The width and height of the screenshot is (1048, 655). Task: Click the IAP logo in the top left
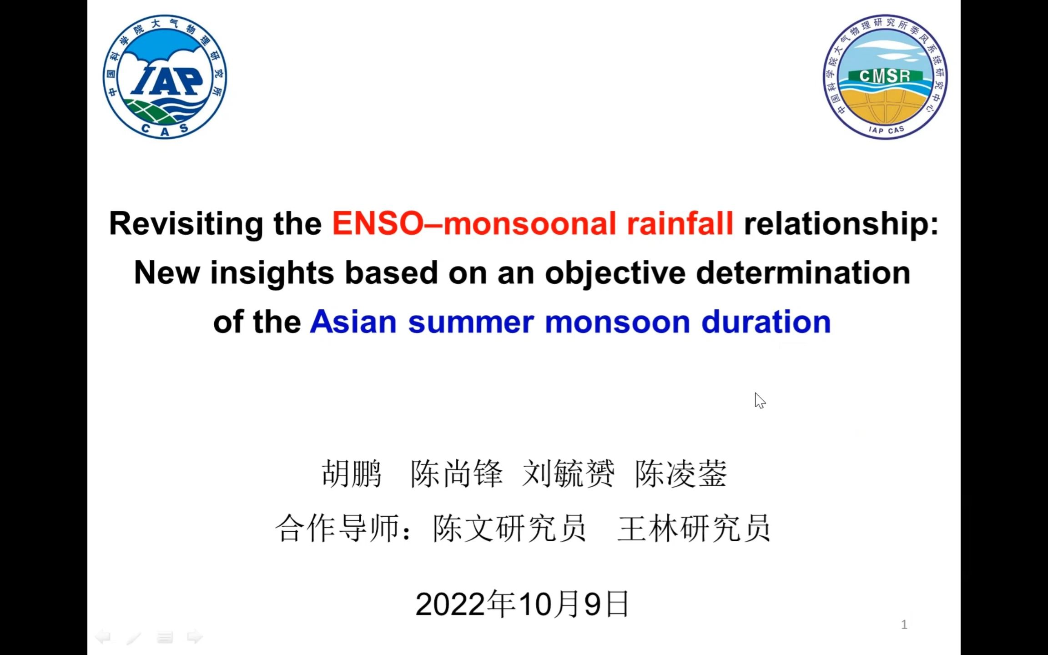pos(165,76)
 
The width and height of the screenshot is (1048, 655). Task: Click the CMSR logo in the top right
pos(885,76)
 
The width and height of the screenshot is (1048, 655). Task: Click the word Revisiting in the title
pos(186,224)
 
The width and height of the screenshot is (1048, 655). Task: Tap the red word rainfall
pos(680,224)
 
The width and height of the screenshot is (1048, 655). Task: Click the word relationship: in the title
pos(841,224)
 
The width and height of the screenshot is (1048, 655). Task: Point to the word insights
pos(272,273)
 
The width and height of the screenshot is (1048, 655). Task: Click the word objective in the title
pos(615,273)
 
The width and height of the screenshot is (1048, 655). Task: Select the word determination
pos(803,273)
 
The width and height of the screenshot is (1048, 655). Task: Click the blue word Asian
pos(353,322)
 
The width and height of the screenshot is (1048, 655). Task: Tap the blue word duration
pos(766,322)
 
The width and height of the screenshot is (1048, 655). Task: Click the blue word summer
pos(471,322)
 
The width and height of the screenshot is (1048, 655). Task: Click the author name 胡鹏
pos(351,474)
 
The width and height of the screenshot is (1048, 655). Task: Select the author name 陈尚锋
pos(456,474)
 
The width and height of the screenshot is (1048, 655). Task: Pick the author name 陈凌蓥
pos(681,474)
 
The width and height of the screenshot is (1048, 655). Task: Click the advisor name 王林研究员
pos(694,529)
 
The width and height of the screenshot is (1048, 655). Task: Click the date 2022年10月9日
pos(522,604)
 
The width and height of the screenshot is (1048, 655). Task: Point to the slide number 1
pos(904,625)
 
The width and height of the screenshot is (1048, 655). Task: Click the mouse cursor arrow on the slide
pos(759,400)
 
